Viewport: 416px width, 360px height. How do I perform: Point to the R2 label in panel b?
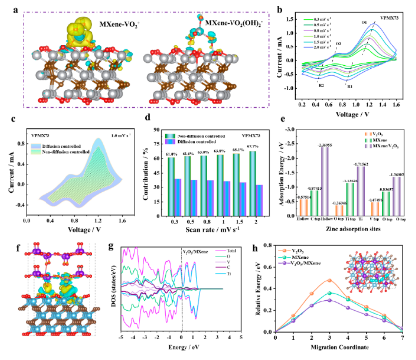[x=321, y=86]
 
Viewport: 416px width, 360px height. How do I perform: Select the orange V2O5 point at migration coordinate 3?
[x=329, y=280]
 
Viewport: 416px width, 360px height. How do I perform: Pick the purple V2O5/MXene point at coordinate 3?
[x=329, y=300]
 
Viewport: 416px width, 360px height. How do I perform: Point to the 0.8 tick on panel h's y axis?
[x=268, y=245]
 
